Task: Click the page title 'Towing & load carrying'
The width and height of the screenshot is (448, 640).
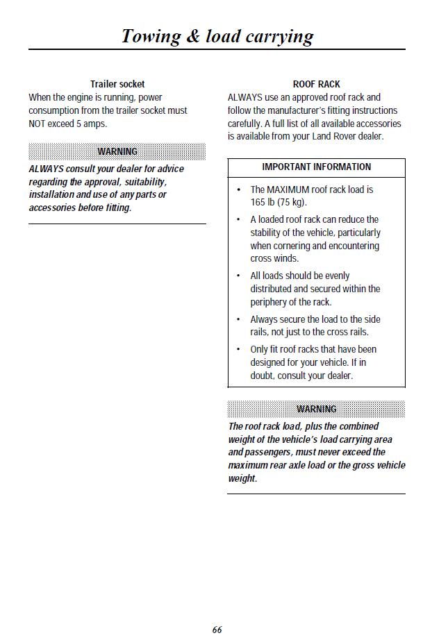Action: (x=217, y=36)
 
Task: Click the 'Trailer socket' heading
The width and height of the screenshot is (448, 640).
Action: (x=117, y=84)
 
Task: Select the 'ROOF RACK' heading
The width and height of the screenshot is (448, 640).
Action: (x=316, y=84)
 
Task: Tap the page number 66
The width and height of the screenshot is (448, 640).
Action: (x=217, y=630)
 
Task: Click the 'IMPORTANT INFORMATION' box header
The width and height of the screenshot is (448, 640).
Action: (x=316, y=167)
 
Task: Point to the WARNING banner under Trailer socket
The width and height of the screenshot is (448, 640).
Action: (x=117, y=151)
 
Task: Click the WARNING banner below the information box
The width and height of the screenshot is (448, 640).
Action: (x=316, y=409)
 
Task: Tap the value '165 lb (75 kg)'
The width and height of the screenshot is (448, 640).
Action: (x=278, y=203)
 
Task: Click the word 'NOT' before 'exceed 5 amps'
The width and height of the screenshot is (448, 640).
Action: (x=37, y=124)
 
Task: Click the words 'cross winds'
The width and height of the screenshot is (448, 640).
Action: (x=274, y=259)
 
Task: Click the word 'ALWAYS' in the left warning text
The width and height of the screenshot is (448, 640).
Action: (x=46, y=169)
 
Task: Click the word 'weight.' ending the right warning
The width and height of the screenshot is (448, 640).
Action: (x=242, y=478)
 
